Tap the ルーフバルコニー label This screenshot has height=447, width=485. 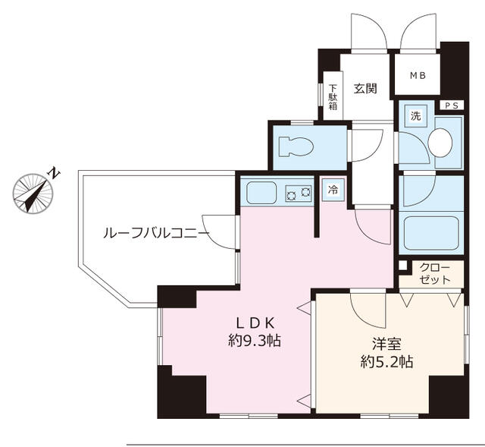click(156, 233)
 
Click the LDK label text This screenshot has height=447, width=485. click(255, 323)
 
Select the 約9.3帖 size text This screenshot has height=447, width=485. click(255, 341)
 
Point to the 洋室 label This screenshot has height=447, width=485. click(386, 344)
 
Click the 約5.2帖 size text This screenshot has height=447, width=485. click(386, 361)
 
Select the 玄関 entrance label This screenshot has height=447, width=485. click(365, 89)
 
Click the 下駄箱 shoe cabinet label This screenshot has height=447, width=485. click(333, 97)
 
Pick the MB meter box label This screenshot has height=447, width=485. click(418, 75)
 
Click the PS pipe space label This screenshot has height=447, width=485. click(452, 105)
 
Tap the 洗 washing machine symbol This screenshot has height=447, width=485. click(416, 116)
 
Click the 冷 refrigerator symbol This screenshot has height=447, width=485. click(333, 190)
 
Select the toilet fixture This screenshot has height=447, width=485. click(296, 146)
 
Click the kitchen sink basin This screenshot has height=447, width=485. click(261, 193)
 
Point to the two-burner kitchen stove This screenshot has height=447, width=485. click(299, 194)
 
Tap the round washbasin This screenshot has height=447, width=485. click(440, 143)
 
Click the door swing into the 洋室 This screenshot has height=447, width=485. click(368, 310)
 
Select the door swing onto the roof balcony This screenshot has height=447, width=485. click(219, 231)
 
